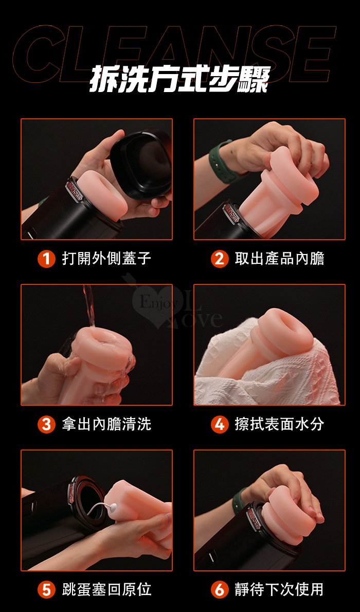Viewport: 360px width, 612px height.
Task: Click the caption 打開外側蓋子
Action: (x=106, y=259)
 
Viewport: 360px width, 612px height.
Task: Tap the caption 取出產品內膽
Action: (x=280, y=259)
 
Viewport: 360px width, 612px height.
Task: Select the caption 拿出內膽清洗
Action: (x=106, y=424)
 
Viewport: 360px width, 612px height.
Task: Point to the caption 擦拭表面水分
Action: (x=280, y=424)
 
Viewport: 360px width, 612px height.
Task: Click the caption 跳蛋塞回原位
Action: (x=106, y=590)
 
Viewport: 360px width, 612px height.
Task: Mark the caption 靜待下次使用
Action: (x=280, y=590)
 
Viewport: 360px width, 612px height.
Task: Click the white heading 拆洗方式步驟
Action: (x=180, y=80)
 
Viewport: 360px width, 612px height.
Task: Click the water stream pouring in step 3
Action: (x=89, y=307)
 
